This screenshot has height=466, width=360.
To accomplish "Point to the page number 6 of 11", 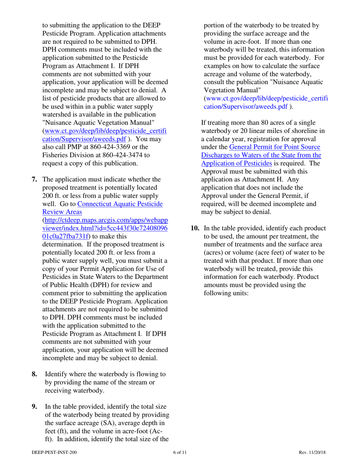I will [x=180, y=453].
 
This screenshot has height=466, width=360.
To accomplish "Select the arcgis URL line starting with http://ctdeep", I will [x=106, y=220].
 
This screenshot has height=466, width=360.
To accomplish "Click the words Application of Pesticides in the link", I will [x=236, y=163].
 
